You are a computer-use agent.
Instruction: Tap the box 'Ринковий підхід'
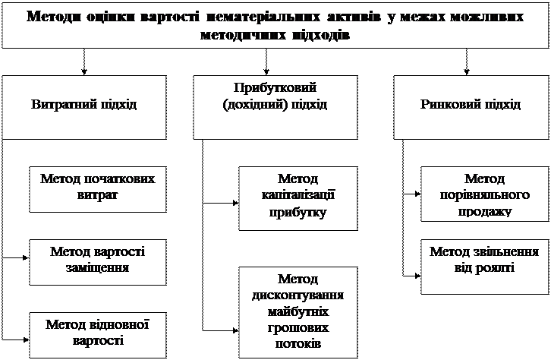tap(471, 103)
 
